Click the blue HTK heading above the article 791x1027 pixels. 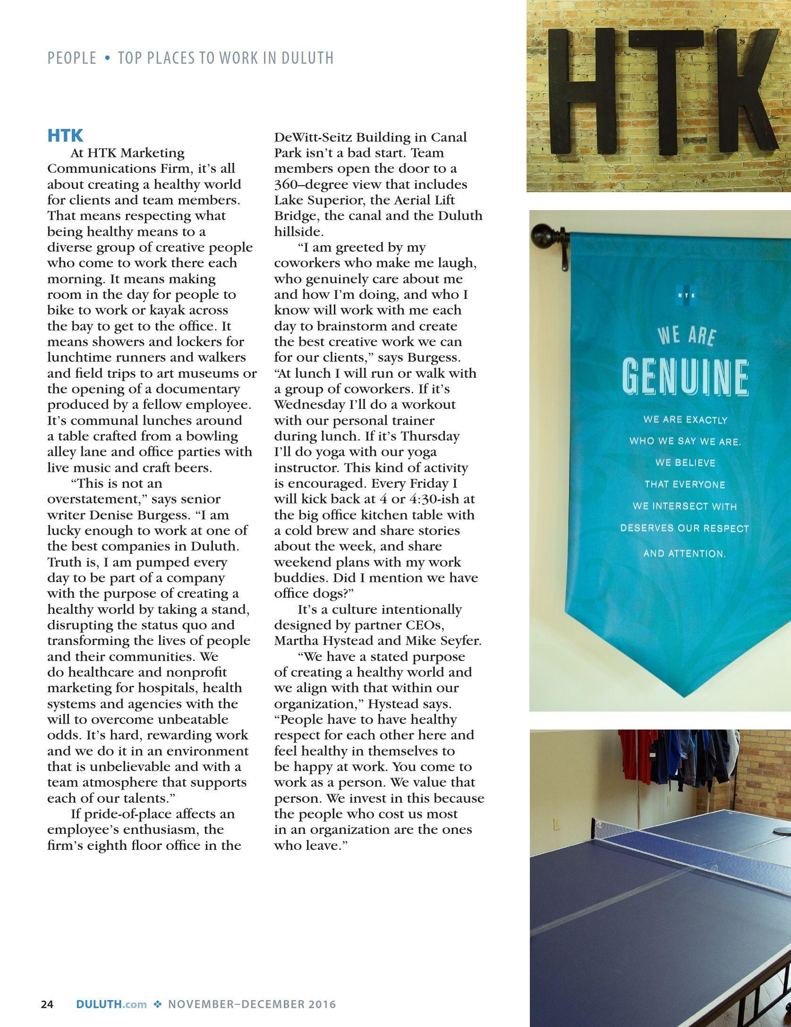point(65,136)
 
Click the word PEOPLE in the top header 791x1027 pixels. point(71,58)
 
